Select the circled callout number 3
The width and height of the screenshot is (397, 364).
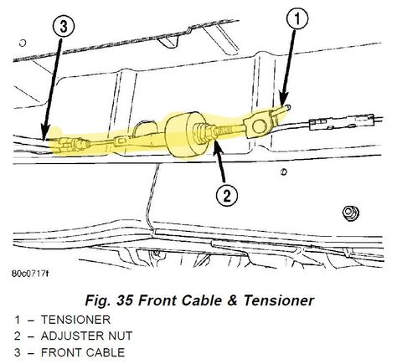click(x=64, y=27)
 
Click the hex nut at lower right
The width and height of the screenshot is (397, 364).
click(x=351, y=213)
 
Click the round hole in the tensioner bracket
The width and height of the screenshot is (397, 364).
click(x=259, y=126)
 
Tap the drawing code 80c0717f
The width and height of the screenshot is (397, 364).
click(x=30, y=274)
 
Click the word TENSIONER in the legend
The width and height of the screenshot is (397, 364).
click(x=75, y=320)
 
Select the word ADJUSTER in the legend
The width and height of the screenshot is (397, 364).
click(x=71, y=336)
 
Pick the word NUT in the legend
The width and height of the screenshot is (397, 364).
click(x=120, y=336)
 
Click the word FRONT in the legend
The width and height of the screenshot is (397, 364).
click(x=59, y=352)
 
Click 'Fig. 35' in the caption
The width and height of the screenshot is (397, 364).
click(x=109, y=300)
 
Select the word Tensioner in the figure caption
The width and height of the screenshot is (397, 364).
click(x=279, y=300)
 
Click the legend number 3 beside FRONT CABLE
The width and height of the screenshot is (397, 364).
click(x=18, y=352)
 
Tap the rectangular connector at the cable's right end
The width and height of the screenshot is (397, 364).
click(x=342, y=122)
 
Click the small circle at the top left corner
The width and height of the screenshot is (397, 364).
click(x=23, y=44)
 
